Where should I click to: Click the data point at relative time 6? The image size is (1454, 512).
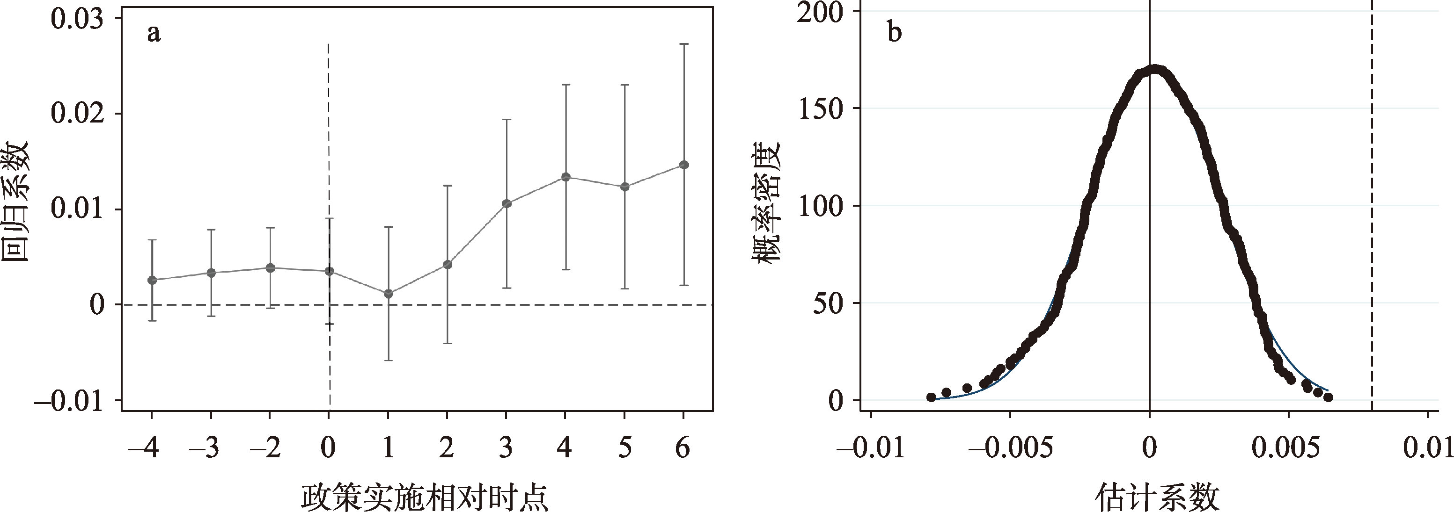683,165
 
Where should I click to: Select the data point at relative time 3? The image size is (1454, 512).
507,203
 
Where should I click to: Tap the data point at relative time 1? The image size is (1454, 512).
389,294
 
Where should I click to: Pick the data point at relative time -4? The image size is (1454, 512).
152,280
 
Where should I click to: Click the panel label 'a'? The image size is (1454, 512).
154,34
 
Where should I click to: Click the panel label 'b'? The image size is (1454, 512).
895,33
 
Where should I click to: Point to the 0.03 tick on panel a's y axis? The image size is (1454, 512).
77,19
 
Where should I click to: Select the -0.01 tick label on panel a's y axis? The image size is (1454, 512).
69,402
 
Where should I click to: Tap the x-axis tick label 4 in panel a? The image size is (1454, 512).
565,448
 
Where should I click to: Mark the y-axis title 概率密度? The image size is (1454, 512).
766,202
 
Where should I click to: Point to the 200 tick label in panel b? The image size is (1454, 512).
820,13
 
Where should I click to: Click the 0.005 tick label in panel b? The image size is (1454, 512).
1285,448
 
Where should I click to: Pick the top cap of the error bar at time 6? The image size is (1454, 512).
683,43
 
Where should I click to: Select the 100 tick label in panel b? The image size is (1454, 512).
820,206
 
